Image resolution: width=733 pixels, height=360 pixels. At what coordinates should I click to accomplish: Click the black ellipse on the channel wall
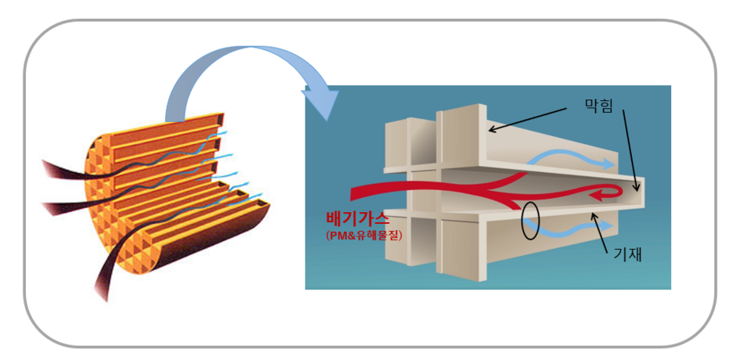pyautogui.click(x=531, y=221)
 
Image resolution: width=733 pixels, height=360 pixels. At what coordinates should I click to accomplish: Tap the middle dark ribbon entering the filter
pyautogui.click(x=63, y=207)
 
